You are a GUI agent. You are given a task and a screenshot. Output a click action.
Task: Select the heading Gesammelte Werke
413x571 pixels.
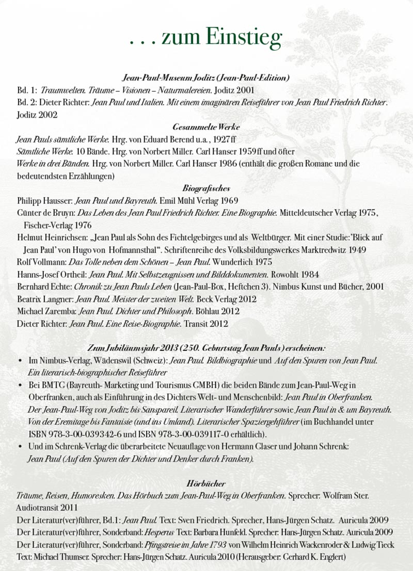pyautogui.click(x=206, y=126)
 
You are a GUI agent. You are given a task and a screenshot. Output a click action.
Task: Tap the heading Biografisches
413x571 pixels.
pyautogui.click(x=206, y=188)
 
